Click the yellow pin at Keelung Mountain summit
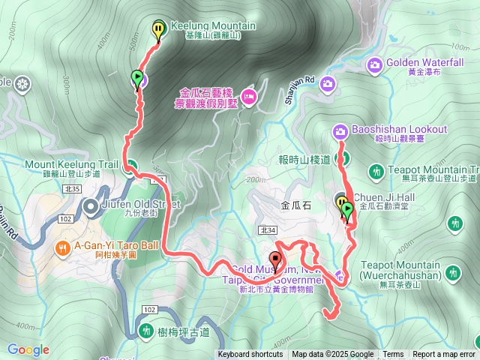click(158, 29)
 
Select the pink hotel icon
click(249, 96)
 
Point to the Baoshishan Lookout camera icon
click(340, 132)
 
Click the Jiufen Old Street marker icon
click(91, 205)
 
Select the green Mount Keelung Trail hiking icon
click(131, 167)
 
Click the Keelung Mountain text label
click(214, 26)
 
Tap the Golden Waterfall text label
click(424, 63)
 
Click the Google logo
click(28, 349)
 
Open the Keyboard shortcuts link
click(250, 355)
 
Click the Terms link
click(393, 355)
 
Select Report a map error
click(444, 355)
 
